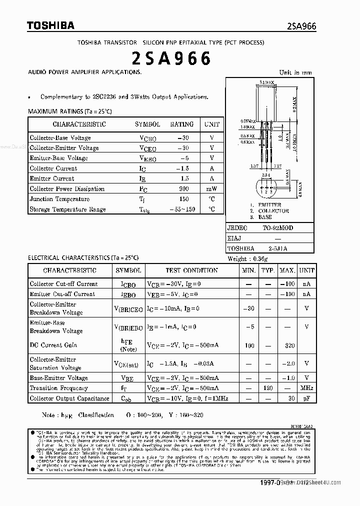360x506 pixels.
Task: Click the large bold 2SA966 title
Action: pos(171,59)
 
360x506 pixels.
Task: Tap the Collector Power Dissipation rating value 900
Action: pos(183,189)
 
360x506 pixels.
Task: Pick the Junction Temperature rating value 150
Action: pos(183,199)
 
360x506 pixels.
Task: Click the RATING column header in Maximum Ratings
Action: pos(181,124)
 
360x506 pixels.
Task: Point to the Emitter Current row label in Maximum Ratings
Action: pos(52,178)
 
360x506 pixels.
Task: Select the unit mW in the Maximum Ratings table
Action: pos(211,189)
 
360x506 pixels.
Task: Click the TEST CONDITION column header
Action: pos(191,270)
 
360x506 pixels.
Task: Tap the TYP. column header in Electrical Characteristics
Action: pos(268,270)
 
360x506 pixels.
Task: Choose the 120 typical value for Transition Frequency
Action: pos(268,388)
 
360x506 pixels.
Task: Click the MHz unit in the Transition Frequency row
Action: pos(306,388)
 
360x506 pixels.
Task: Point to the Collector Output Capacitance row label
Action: pos(69,398)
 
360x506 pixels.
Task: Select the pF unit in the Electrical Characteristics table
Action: pos(306,398)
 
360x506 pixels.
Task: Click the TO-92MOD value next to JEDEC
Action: pos(278,228)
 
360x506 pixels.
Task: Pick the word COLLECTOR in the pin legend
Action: pos(273,211)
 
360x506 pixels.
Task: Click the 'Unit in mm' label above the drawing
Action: pos(295,72)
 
